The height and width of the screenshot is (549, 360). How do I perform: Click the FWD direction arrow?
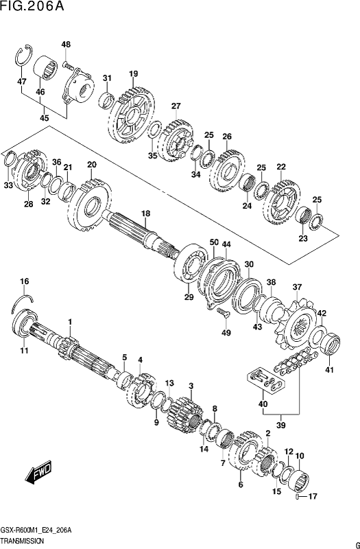pos(38,473)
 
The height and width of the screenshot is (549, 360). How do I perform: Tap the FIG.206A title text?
pos(32,6)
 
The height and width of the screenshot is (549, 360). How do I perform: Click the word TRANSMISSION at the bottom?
pos(23,541)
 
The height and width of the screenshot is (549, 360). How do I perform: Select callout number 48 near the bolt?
pos(66,45)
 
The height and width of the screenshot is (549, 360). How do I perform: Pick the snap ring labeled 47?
pos(25,56)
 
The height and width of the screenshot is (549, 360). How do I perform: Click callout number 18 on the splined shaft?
pos(145,213)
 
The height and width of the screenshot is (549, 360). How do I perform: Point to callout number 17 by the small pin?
pos(312,496)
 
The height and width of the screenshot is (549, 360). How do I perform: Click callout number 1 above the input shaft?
pos(70,321)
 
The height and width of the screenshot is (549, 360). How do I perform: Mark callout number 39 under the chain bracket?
pos(281,425)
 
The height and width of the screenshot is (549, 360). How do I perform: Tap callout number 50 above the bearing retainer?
pos(214,242)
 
